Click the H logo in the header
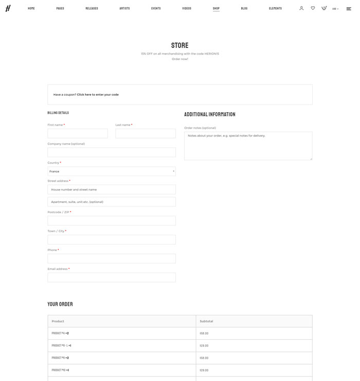click(8, 8)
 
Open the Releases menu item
click(92, 8)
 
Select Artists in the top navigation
click(124, 8)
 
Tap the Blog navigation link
click(244, 8)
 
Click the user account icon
click(301, 8)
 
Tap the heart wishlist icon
click(313, 8)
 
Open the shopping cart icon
click(324, 8)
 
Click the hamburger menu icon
click(349, 9)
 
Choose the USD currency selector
click(335, 9)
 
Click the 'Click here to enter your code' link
click(98, 95)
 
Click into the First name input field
click(78, 133)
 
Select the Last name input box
click(146, 133)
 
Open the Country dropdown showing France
click(112, 171)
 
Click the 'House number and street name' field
click(112, 189)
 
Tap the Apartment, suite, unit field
click(112, 202)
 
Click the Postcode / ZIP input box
click(112, 221)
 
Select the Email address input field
click(112, 278)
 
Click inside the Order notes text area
click(248, 146)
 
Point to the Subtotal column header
click(206, 321)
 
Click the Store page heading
click(180, 45)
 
